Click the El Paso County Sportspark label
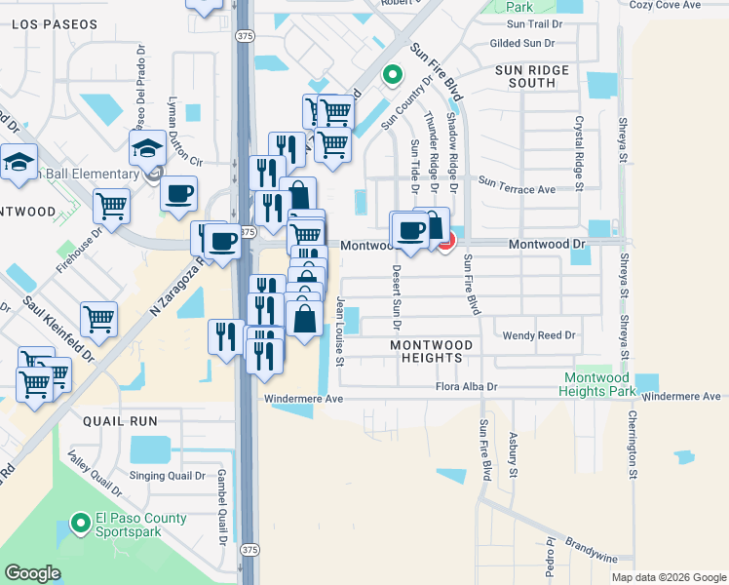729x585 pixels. point(140,526)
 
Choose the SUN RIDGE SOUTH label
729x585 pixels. point(539,77)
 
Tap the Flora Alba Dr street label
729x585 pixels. point(466,387)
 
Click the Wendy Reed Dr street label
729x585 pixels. point(539,335)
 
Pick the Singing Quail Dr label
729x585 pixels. point(167,477)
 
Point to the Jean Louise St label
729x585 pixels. point(340,331)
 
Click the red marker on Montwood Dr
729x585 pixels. point(445,242)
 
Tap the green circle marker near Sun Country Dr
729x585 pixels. point(392,74)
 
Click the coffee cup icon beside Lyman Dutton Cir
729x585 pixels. point(178,194)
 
